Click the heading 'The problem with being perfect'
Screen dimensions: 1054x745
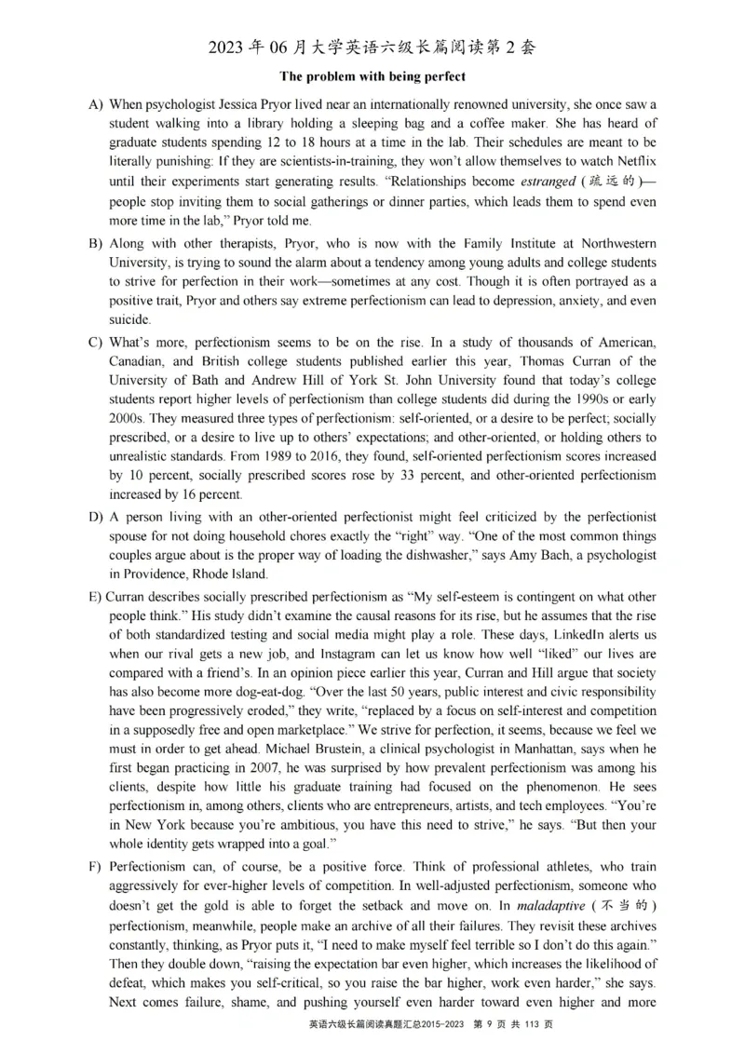(372, 76)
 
